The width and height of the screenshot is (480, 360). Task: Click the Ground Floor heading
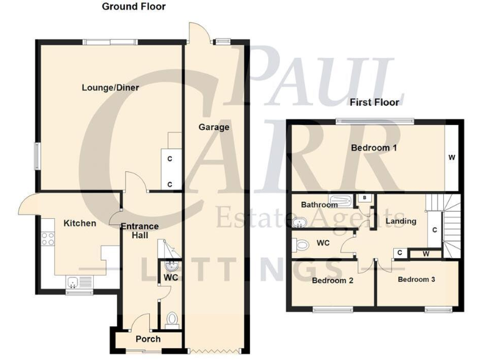134,7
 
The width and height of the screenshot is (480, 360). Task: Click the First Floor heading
374,102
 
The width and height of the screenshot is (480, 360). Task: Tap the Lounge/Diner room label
110,87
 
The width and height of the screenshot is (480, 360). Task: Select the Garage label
214,127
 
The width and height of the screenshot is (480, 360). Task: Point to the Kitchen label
79,223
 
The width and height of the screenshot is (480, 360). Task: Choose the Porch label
148,339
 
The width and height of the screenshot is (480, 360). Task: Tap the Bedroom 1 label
374,148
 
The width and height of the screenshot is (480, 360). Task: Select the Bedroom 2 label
332,281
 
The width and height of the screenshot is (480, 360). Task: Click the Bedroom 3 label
416,279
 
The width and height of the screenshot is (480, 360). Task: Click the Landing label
401,221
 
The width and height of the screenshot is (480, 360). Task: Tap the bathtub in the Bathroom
342,201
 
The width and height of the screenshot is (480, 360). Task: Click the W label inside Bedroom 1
451,157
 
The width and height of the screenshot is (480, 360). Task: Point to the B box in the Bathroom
364,198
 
